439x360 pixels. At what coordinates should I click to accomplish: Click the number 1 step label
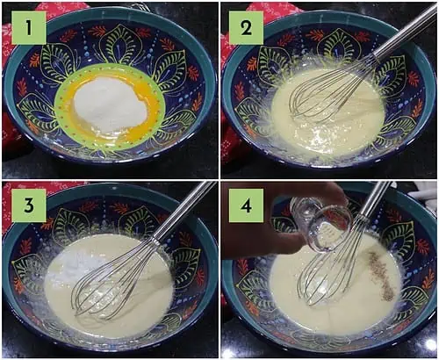point(29,28)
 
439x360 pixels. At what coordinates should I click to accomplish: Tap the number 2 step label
point(246,28)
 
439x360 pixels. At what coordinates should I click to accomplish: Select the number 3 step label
point(29,205)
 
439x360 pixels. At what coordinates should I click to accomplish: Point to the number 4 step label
point(246,205)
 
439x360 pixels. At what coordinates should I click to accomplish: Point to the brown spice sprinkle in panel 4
point(380,274)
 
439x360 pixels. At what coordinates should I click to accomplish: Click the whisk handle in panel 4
point(376,199)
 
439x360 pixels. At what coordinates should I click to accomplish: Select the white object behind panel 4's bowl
point(427,194)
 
